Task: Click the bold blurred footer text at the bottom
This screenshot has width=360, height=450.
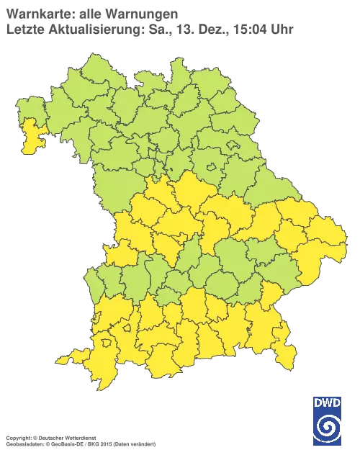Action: (50, 437)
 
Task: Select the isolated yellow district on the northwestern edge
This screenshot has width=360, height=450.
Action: (30, 138)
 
